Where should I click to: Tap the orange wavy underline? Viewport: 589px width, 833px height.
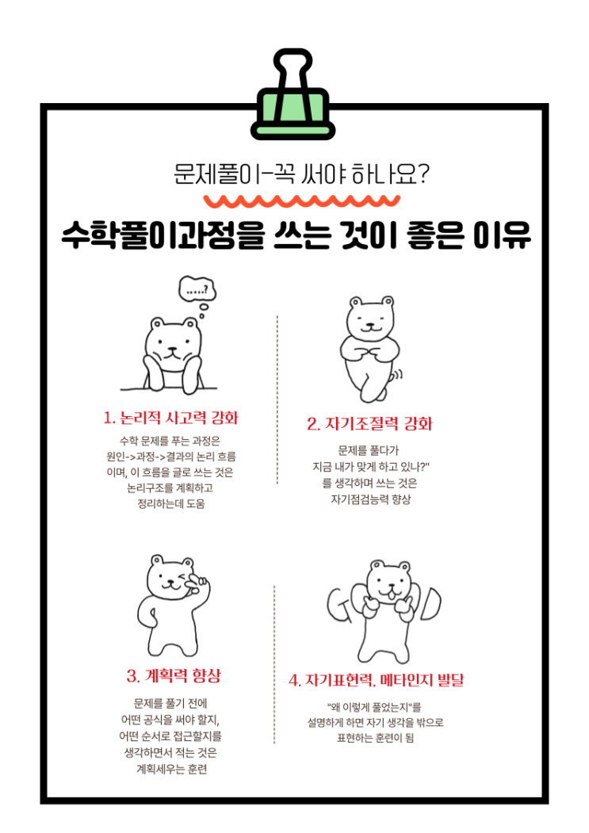pyautogui.click(x=301, y=201)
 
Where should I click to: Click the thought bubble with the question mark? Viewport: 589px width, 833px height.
pyautogui.click(x=197, y=288)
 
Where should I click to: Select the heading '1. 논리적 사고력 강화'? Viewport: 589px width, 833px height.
pyautogui.click(x=170, y=418)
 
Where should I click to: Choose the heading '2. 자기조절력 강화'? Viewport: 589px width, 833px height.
pyautogui.click(x=369, y=424)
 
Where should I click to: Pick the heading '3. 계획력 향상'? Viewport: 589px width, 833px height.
pyautogui.click(x=174, y=676)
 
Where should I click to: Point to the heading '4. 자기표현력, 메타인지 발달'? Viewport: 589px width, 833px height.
pyautogui.click(x=377, y=681)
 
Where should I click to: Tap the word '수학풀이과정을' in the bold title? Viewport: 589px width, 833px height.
pyautogui.click(x=163, y=235)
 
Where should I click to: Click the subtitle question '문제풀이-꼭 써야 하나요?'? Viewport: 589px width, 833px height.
pyautogui.click(x=301, y=174)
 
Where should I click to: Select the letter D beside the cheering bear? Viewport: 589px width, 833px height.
pyautogui.click(x=430, y=603)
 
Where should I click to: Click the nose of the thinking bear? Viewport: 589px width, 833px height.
pyautogui.click(x=170, y=350)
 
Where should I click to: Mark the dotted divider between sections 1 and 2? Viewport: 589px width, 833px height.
pyautogui.click(x=277, y=399)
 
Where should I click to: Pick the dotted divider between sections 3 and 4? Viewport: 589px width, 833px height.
pyautogui.click(x=274, y=665)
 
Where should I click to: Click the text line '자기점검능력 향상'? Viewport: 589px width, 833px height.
pyautogui.click(x=370, y=499)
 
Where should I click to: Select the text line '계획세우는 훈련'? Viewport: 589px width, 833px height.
pyautogui.click(x=171, y=769)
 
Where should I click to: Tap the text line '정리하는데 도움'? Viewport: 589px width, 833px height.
pyautogui.click(x=170, y=503)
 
